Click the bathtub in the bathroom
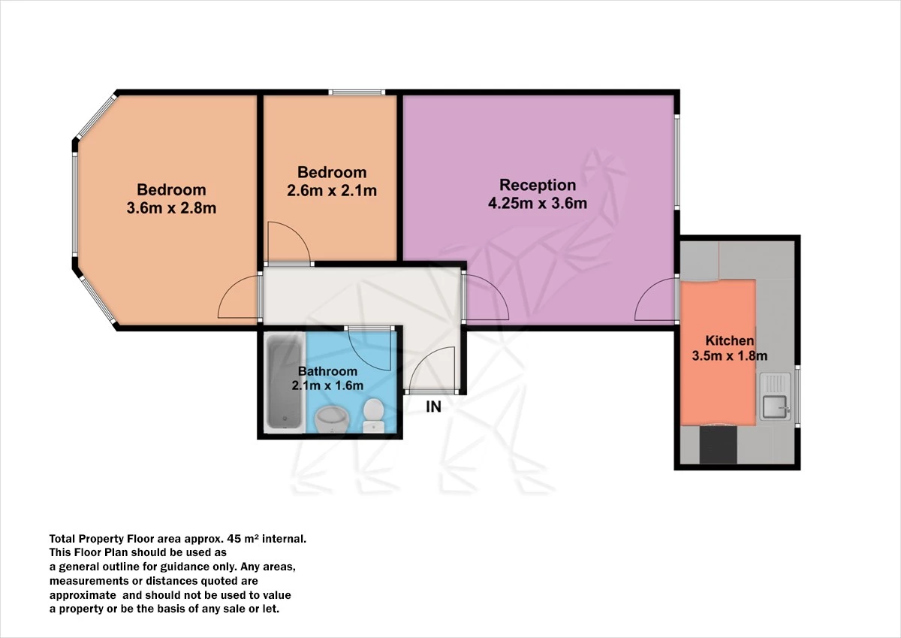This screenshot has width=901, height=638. click(285, 382)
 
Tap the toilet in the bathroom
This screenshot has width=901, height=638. click(373, 415)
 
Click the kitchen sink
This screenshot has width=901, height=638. click(774, 407)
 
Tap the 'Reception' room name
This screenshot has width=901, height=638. click(538, 185)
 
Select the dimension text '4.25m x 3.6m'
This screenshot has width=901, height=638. click(538, 202)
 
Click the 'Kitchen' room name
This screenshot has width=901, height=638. click(729, 340)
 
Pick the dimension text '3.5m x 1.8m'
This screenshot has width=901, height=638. click(729, 356)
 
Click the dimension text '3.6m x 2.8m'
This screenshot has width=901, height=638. click(171, 208)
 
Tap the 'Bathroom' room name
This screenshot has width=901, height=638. click(327, 371)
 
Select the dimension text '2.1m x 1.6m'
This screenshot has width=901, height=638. click(327, 386)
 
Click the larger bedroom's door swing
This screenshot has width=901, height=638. click(239, 298)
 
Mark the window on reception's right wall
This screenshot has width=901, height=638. click(677, 162)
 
